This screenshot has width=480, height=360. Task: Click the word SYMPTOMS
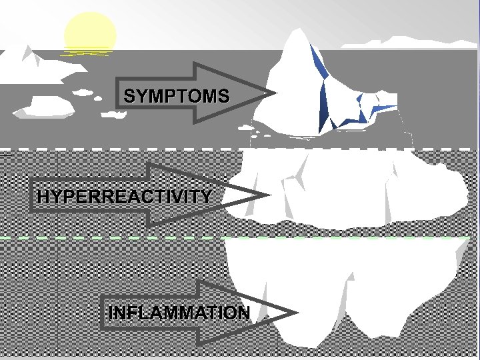point(177,96)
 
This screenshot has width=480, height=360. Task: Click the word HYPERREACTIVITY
point(125,197)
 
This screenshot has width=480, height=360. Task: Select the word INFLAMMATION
point(179,313)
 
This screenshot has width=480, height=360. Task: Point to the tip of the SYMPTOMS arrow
point(272,94)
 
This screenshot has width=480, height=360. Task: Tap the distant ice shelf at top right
point(400,42)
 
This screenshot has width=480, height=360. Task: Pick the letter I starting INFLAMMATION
point(111,313)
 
